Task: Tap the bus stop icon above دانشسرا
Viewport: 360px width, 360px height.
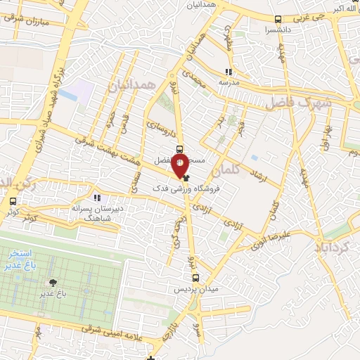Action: click(x=279, y=19)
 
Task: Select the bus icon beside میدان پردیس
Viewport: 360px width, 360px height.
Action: click(x=197, y=278)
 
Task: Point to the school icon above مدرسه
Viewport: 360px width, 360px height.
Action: click(x=228, y=72)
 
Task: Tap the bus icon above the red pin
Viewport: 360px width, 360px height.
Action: click(x=181, y=148)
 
